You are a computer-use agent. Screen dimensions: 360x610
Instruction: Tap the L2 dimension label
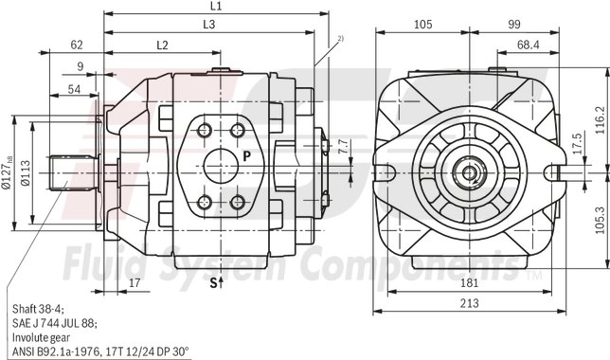pos(161,45)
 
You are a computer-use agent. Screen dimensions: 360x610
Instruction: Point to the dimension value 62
pos(77,45)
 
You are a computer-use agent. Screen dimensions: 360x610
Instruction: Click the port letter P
pos(245,154)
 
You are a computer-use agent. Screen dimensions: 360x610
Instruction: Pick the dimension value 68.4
pos(529,45)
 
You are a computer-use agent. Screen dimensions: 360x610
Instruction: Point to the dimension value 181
pos(469,284)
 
